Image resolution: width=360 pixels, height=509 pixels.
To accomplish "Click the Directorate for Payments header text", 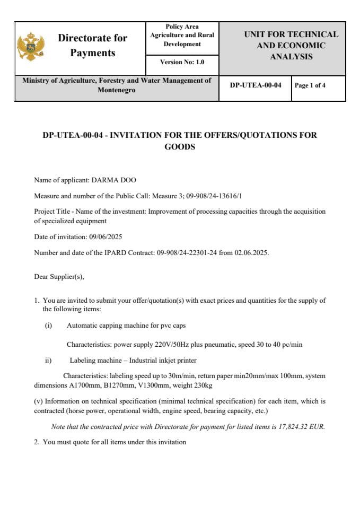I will coord(92,46).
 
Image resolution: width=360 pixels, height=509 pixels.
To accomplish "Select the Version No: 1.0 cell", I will coord(182,62).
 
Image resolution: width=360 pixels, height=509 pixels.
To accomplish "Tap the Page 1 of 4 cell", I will coord(310,85).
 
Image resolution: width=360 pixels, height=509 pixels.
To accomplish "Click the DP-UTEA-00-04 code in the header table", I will coord(256,85).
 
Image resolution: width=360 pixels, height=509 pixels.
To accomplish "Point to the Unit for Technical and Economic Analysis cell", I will coord(291,46).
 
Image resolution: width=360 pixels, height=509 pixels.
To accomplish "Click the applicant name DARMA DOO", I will coord(114,180).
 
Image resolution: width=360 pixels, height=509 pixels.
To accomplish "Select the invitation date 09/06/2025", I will coord(106,236).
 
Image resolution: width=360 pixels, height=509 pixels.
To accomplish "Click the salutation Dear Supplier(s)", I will coord(59,276).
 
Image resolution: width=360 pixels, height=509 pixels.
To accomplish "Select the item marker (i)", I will coord(48,326).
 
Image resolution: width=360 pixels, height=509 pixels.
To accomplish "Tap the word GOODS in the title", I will coord(180,147).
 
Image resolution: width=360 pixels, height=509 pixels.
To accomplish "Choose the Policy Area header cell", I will coord(182,35).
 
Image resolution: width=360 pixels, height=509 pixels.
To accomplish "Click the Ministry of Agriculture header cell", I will coord(117,85).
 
